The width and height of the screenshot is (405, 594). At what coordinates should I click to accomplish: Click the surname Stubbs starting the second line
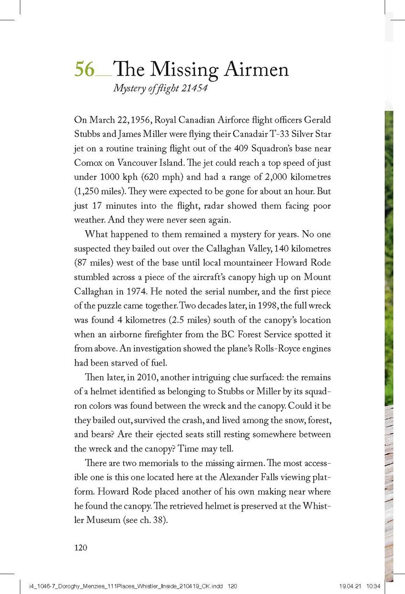[89, 134]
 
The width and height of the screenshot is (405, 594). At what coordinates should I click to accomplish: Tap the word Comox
[89, 163]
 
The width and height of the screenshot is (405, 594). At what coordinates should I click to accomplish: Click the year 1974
[154, 291]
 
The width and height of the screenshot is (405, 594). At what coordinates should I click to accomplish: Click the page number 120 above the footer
[82, 547]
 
